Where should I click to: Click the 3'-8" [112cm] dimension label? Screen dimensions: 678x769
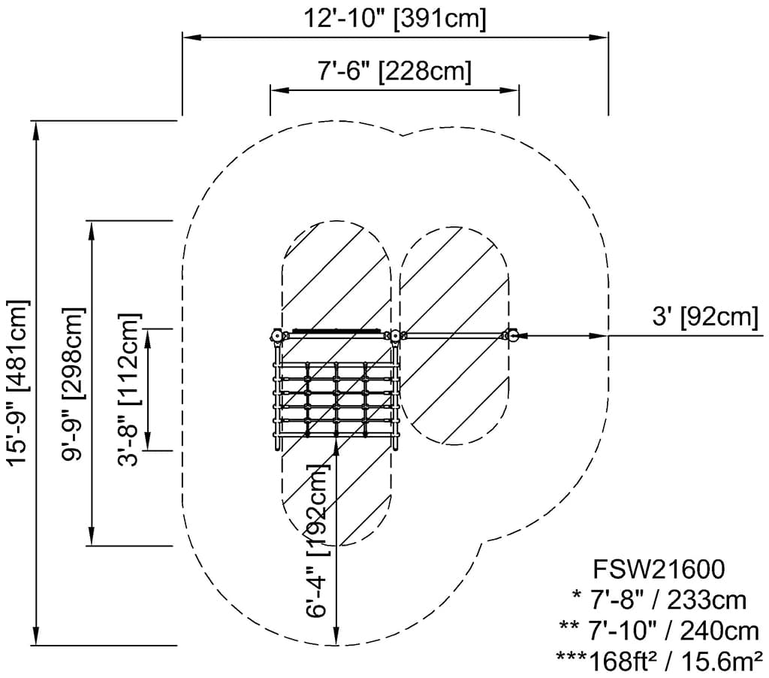pyautogui.click(x=130, y=389)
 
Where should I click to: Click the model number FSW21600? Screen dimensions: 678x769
pyautogui.click(x=659, y=569)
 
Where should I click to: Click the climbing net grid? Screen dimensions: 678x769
pyautogui.click(x=336, y=400)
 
